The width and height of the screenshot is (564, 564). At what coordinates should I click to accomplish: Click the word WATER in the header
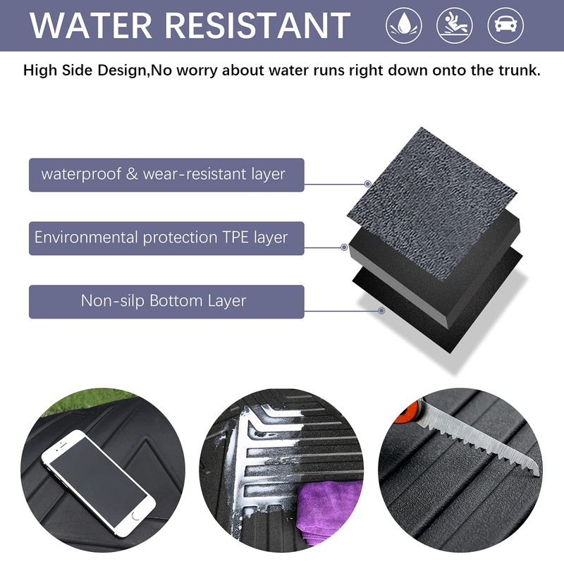click(91, 25)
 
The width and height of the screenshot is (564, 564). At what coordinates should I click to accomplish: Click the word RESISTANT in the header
click(257, 25)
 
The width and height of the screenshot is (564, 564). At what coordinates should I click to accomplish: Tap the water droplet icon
click(404, 25)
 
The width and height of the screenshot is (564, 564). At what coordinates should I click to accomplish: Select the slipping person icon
click(455, 25)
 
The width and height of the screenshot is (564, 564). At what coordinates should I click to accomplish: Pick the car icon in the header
click(505, 25)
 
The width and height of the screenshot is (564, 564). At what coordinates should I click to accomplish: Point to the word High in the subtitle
click(40, 70)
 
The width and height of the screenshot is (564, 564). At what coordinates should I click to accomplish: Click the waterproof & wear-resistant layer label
click(166, 175)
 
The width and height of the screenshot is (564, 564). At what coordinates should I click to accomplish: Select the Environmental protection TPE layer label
click(166, 238)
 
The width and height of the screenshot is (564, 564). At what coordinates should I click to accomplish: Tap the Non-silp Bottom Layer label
click(166, 302)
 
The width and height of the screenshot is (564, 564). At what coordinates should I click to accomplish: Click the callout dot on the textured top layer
click(367, 184)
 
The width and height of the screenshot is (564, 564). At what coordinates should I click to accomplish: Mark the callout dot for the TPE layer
click(344, 247)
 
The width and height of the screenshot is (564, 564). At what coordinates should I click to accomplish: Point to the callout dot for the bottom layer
click(381, 310)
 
